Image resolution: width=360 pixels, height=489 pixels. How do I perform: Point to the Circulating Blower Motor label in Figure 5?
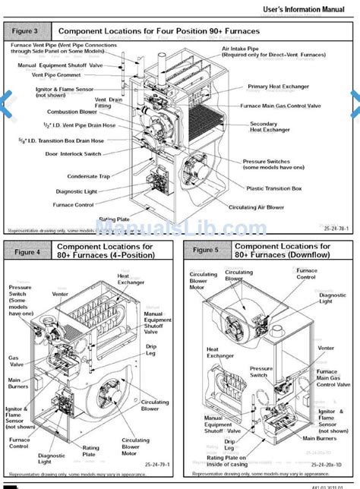coord(203,282)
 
